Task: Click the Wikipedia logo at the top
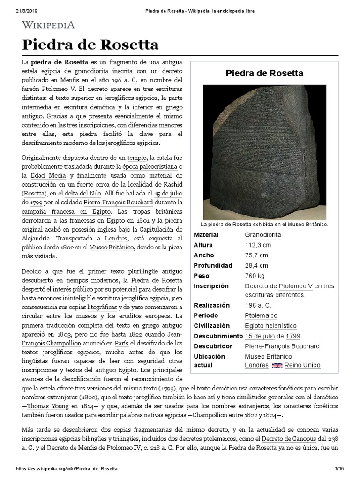[x=49, y=24]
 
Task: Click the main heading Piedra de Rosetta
[x=90, y=45]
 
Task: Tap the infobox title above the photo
[x=265, y=73]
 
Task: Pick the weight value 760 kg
[x=255, y=276]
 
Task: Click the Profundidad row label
[x=213, y=265]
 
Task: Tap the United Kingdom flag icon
[x=278, y=366]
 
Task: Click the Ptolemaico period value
[x=261, y=315]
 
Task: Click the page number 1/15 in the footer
[x=339, y=469]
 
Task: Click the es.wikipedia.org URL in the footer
[x=67, y=469]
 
